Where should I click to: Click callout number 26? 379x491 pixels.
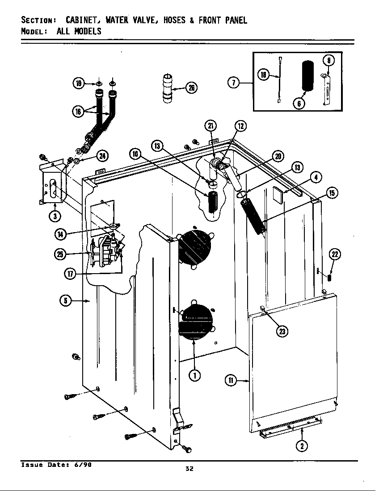191,88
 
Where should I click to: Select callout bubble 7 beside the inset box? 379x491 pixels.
234,82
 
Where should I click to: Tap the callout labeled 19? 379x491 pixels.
79,83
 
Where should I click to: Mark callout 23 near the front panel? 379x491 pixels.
282,331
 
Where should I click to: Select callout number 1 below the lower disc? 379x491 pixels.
194,375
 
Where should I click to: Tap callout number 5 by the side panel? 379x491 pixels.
66,301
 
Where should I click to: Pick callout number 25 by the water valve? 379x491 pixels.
60,254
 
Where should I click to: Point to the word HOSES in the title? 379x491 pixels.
174,21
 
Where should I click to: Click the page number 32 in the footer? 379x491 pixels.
189,468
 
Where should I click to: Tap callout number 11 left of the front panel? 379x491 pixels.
230,380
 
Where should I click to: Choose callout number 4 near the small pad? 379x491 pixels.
316,177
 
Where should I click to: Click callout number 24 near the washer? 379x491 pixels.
102,155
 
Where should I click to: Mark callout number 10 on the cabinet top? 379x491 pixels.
136,154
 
